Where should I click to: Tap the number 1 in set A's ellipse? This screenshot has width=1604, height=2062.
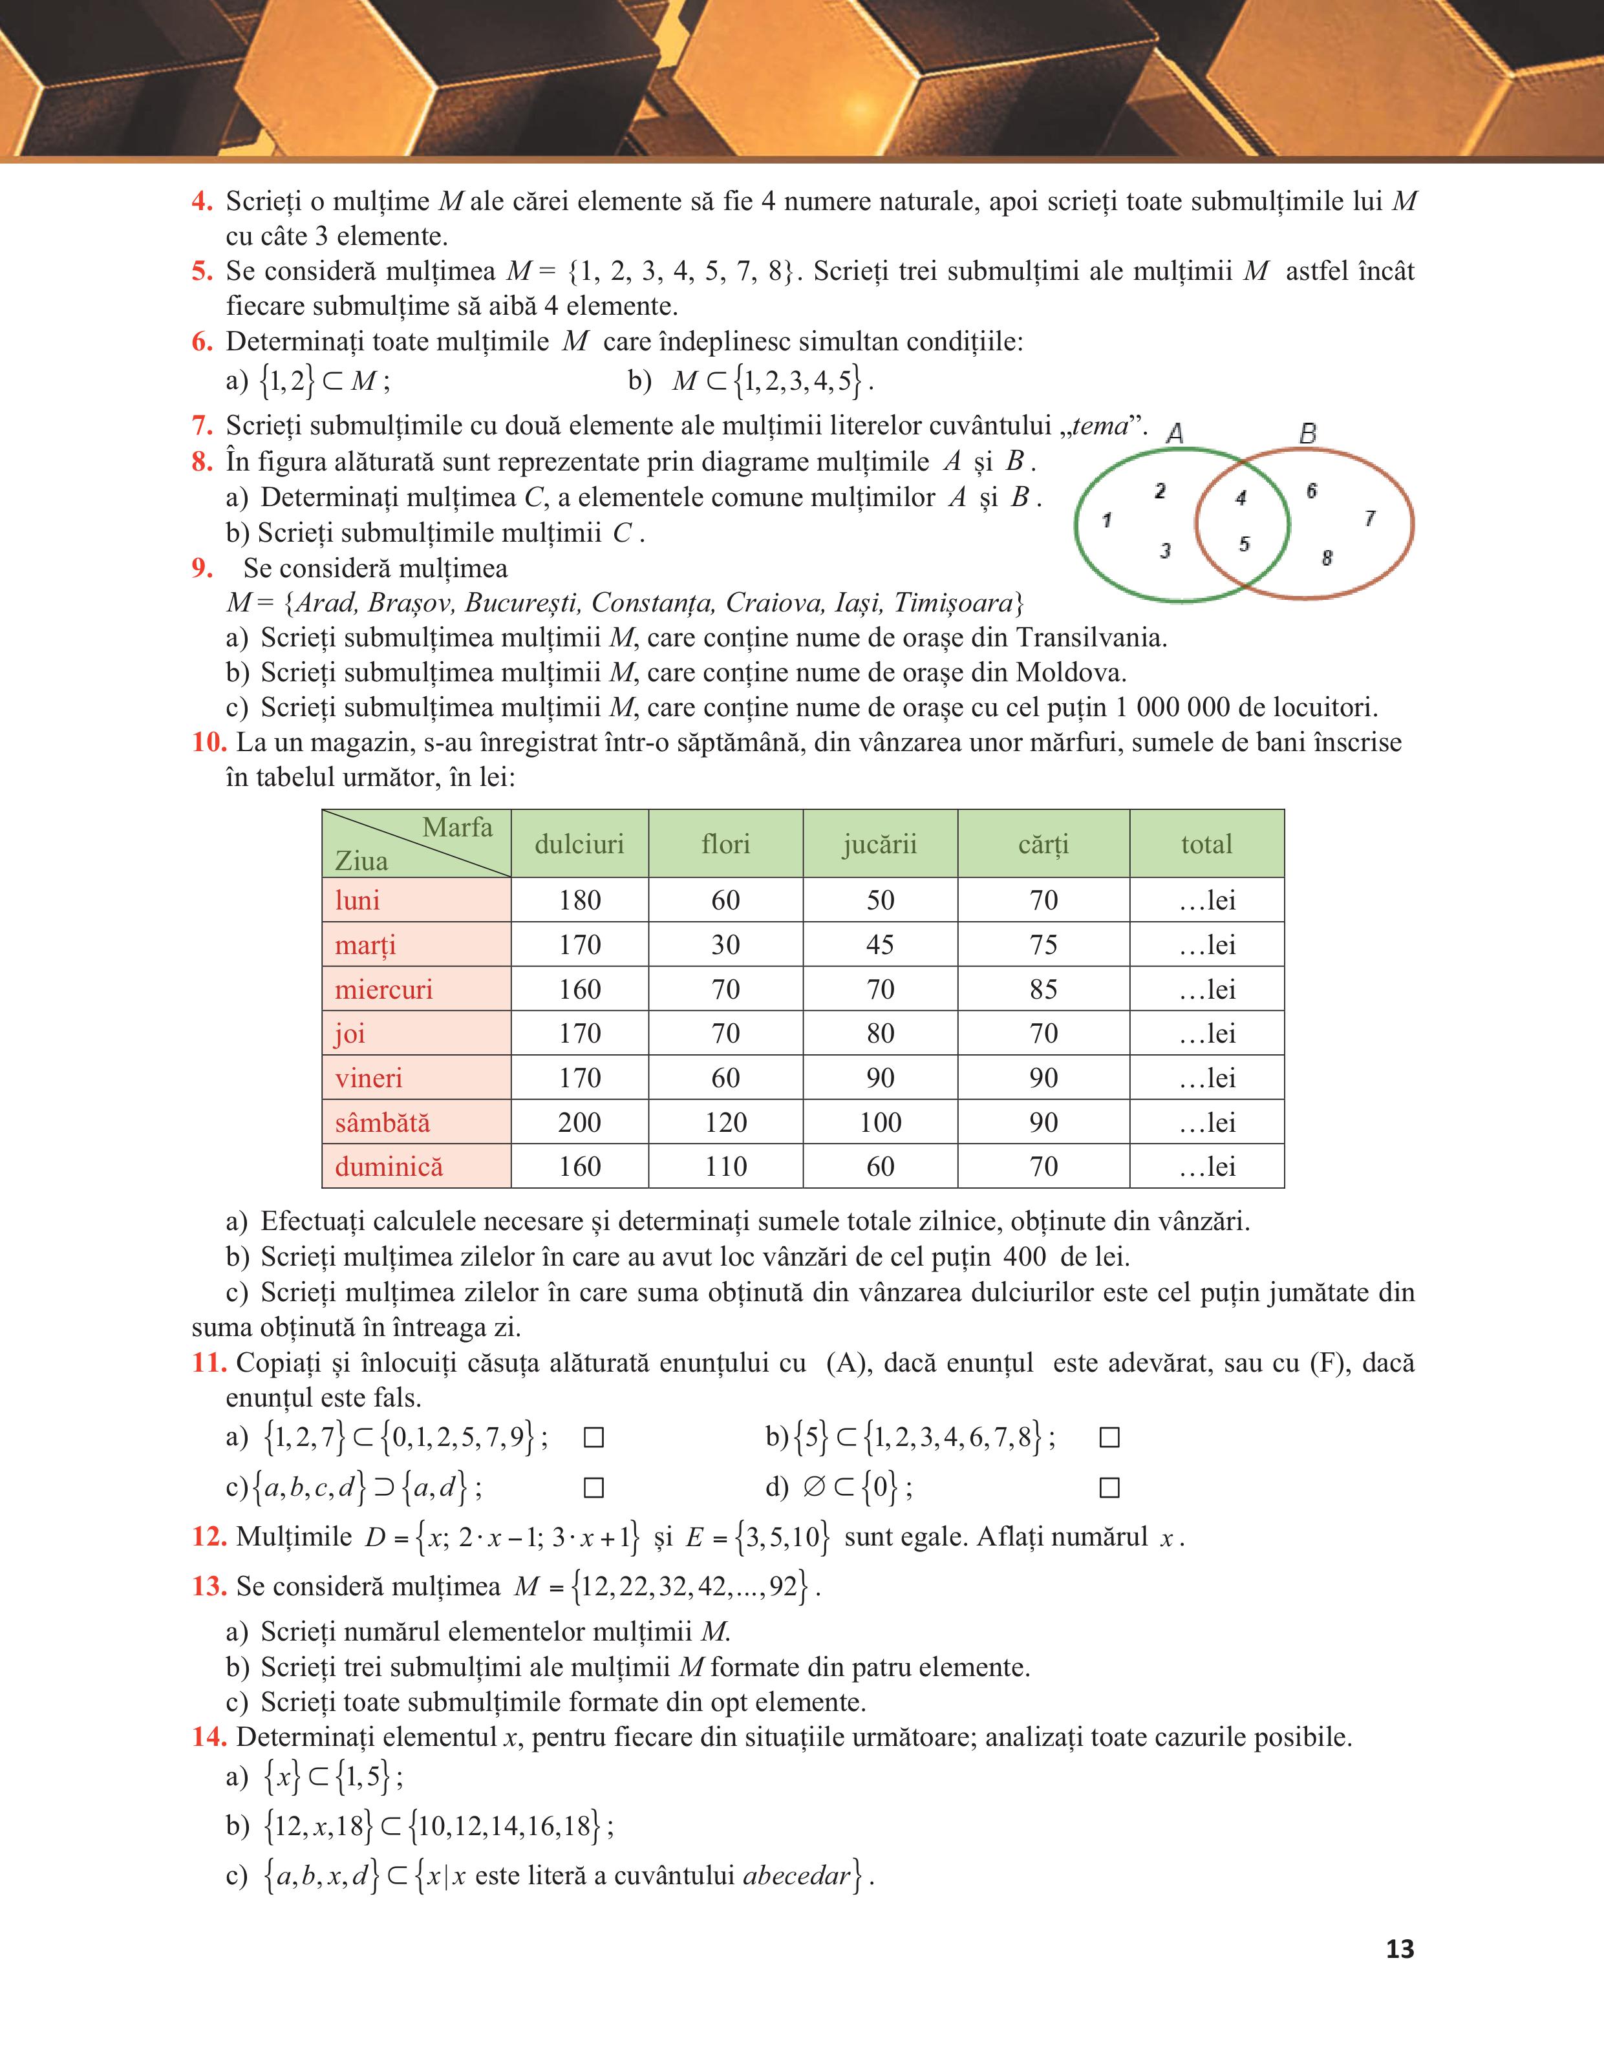(1106, 519)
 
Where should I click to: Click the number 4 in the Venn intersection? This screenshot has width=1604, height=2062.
(1241, 498)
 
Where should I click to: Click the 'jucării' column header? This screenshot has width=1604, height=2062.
(880, 844)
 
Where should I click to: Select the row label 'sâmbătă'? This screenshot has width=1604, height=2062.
(382, 1123)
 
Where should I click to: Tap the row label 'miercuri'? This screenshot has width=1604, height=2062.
(383, 990)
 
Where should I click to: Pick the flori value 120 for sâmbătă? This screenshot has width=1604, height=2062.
(725, 1123)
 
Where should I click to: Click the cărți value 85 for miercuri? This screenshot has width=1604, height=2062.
(1043, 990)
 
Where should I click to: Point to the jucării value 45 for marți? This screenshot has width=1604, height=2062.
(880, 945)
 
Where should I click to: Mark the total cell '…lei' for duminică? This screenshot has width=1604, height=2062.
(1206, 1167)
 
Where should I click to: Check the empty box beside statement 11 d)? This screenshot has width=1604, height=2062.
(1109, 1489)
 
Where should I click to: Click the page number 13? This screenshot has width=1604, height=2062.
(1399, 1949)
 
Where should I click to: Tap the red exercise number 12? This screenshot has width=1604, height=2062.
(209, 1537)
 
